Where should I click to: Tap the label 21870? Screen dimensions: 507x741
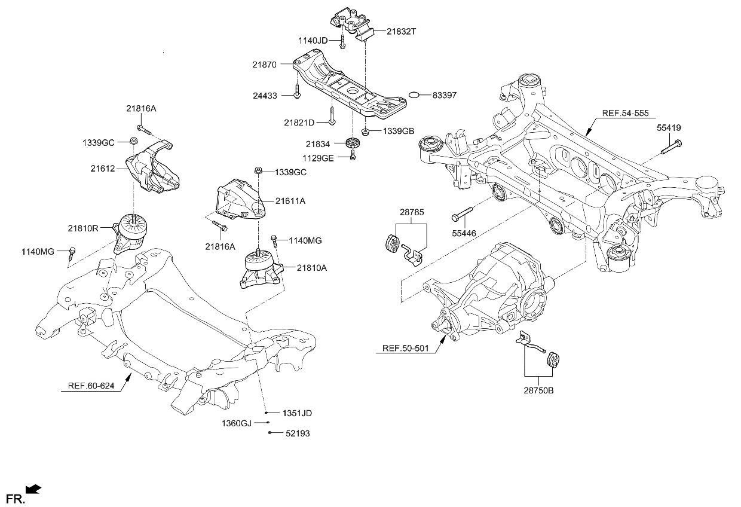click(264, 65)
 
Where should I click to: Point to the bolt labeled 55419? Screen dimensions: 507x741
click(672, 146)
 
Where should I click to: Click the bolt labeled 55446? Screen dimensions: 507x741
click(463, 212)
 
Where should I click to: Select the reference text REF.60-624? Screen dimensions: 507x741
click(88, 387)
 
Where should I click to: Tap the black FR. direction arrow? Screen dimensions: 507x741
click(34, 490)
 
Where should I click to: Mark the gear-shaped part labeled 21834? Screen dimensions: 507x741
click(353, 144)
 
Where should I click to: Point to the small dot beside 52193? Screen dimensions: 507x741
click(270, 432)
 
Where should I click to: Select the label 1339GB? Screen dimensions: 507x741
click(398, 131)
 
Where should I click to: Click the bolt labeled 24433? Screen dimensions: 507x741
click(297, 90)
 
